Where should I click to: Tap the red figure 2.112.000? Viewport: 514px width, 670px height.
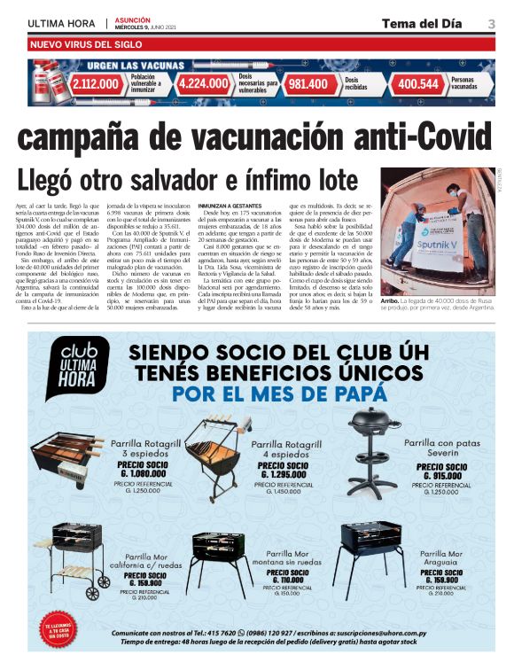[96, 84]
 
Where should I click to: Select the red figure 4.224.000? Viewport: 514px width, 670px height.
[203, 84]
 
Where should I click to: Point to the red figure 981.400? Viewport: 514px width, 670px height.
[308, 84]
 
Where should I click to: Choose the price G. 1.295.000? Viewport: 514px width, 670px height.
[284, 475]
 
